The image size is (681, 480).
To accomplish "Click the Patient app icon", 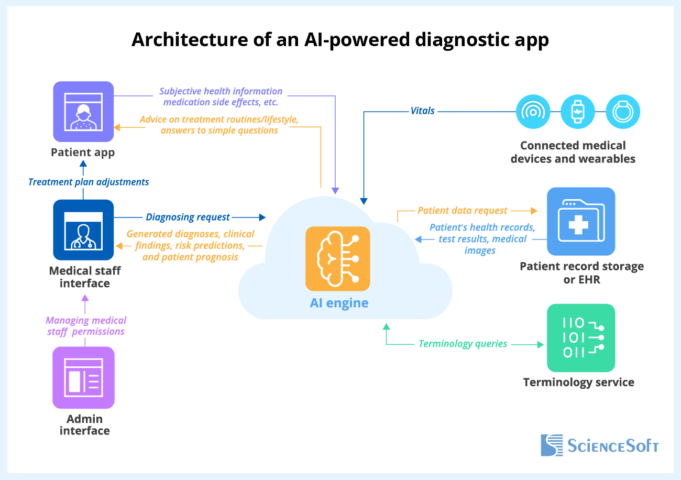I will coord(83,112).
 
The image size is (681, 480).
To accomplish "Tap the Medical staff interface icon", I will coord(83,230).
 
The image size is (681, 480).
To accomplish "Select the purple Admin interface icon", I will coord(83,377).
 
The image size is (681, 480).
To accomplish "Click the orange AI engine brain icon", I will coord(338,258).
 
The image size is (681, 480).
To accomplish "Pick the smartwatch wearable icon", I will coord(578,112).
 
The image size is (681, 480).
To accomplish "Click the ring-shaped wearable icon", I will coord(623,112).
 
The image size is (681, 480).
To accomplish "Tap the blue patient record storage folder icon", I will coord(581,221).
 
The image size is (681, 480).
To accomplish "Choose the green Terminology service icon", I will coord(581,338).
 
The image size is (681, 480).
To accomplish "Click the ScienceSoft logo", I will coord(599,445).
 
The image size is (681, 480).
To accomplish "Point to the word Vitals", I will coord(422,111).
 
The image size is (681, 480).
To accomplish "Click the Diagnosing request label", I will coord(188,217).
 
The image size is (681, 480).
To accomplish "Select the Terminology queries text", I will coord(463,344).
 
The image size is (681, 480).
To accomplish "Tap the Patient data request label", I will coord(463,211).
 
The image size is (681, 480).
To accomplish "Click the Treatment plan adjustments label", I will coord(89,182).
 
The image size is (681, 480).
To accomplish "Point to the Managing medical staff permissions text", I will coord(86,326).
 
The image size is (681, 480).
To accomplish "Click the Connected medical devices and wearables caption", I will coord(573,152).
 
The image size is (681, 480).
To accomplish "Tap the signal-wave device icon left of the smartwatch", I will coord(533,112).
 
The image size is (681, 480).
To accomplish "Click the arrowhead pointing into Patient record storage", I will coord(534,211).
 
